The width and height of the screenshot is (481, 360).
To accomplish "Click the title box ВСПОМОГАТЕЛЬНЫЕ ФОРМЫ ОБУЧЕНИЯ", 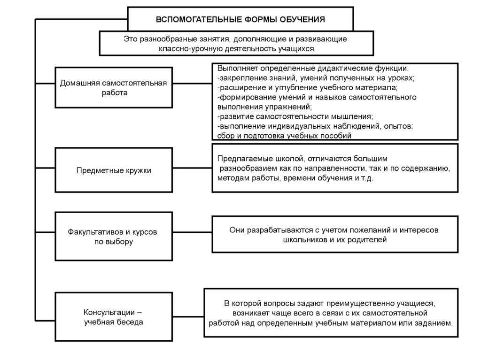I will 240,19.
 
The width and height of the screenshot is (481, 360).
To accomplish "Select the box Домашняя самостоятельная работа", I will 114,88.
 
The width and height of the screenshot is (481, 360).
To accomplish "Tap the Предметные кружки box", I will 114,170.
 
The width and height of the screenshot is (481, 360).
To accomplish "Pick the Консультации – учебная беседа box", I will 114,317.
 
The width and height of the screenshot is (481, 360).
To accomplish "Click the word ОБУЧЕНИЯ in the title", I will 303,20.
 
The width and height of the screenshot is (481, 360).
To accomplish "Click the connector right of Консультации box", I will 188,316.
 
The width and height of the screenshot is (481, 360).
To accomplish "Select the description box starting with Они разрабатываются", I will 335,235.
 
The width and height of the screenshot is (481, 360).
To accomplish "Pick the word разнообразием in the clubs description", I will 246,169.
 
